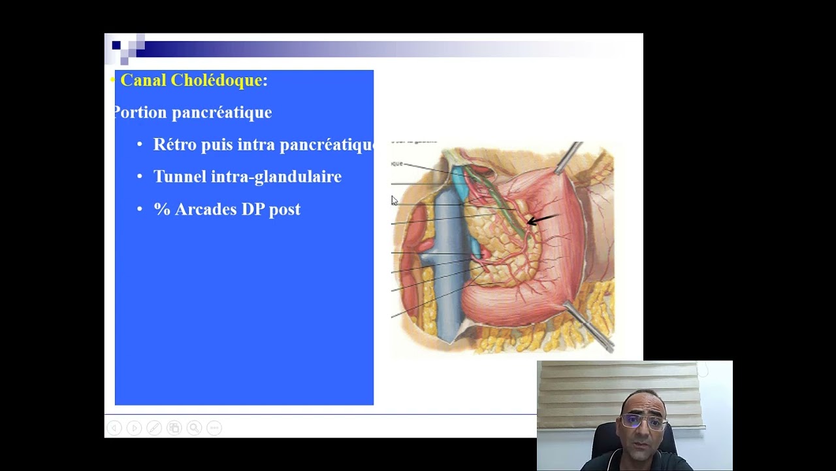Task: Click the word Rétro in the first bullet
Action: pos(174,145)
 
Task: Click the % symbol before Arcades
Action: pos(161,209)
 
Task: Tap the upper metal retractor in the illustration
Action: pos(568,158)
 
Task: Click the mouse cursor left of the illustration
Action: pos(394,201)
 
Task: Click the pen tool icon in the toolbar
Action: pos(154,428)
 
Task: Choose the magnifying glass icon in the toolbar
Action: pos(194,428)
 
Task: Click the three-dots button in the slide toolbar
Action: pos(214,428)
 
